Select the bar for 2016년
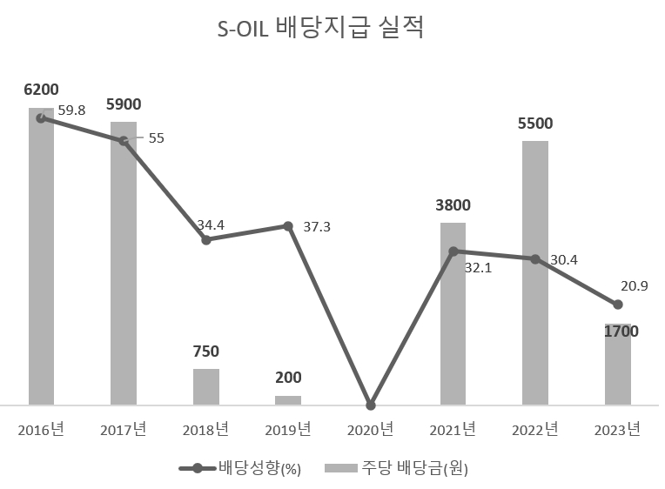pyautogui.click(x=41, y=261)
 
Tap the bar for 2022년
pyautogui.click(x=535, y=274)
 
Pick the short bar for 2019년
pyautogui.click(x=288, y=400)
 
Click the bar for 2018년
pyautogui.click(x=206, y=387)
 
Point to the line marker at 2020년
pyautogui.click(x=371, y=405)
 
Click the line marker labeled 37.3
pyautogui.click(x=288, y=226)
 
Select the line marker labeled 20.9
pyautogui.click(x=618, y=305)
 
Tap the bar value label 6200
pyautogui.click(x=41, y=90)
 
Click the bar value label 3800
pyautogui.click(x=453, y=206)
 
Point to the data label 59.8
pyautogui.click(x=71, y=111)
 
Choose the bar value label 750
pyautogui.click(x=206, y=352)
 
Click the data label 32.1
pyautogui.click(x=478, y=268)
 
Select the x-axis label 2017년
pyautogui.click(x=123, y=429)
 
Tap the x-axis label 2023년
pyautogui.click(x=617, y=429)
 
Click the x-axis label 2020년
pyautogui.click(x=370, y=429)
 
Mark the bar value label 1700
pyautogui.click(x=621, y=332)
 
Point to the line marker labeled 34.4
pyautogui.click(x=206, y=239)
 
